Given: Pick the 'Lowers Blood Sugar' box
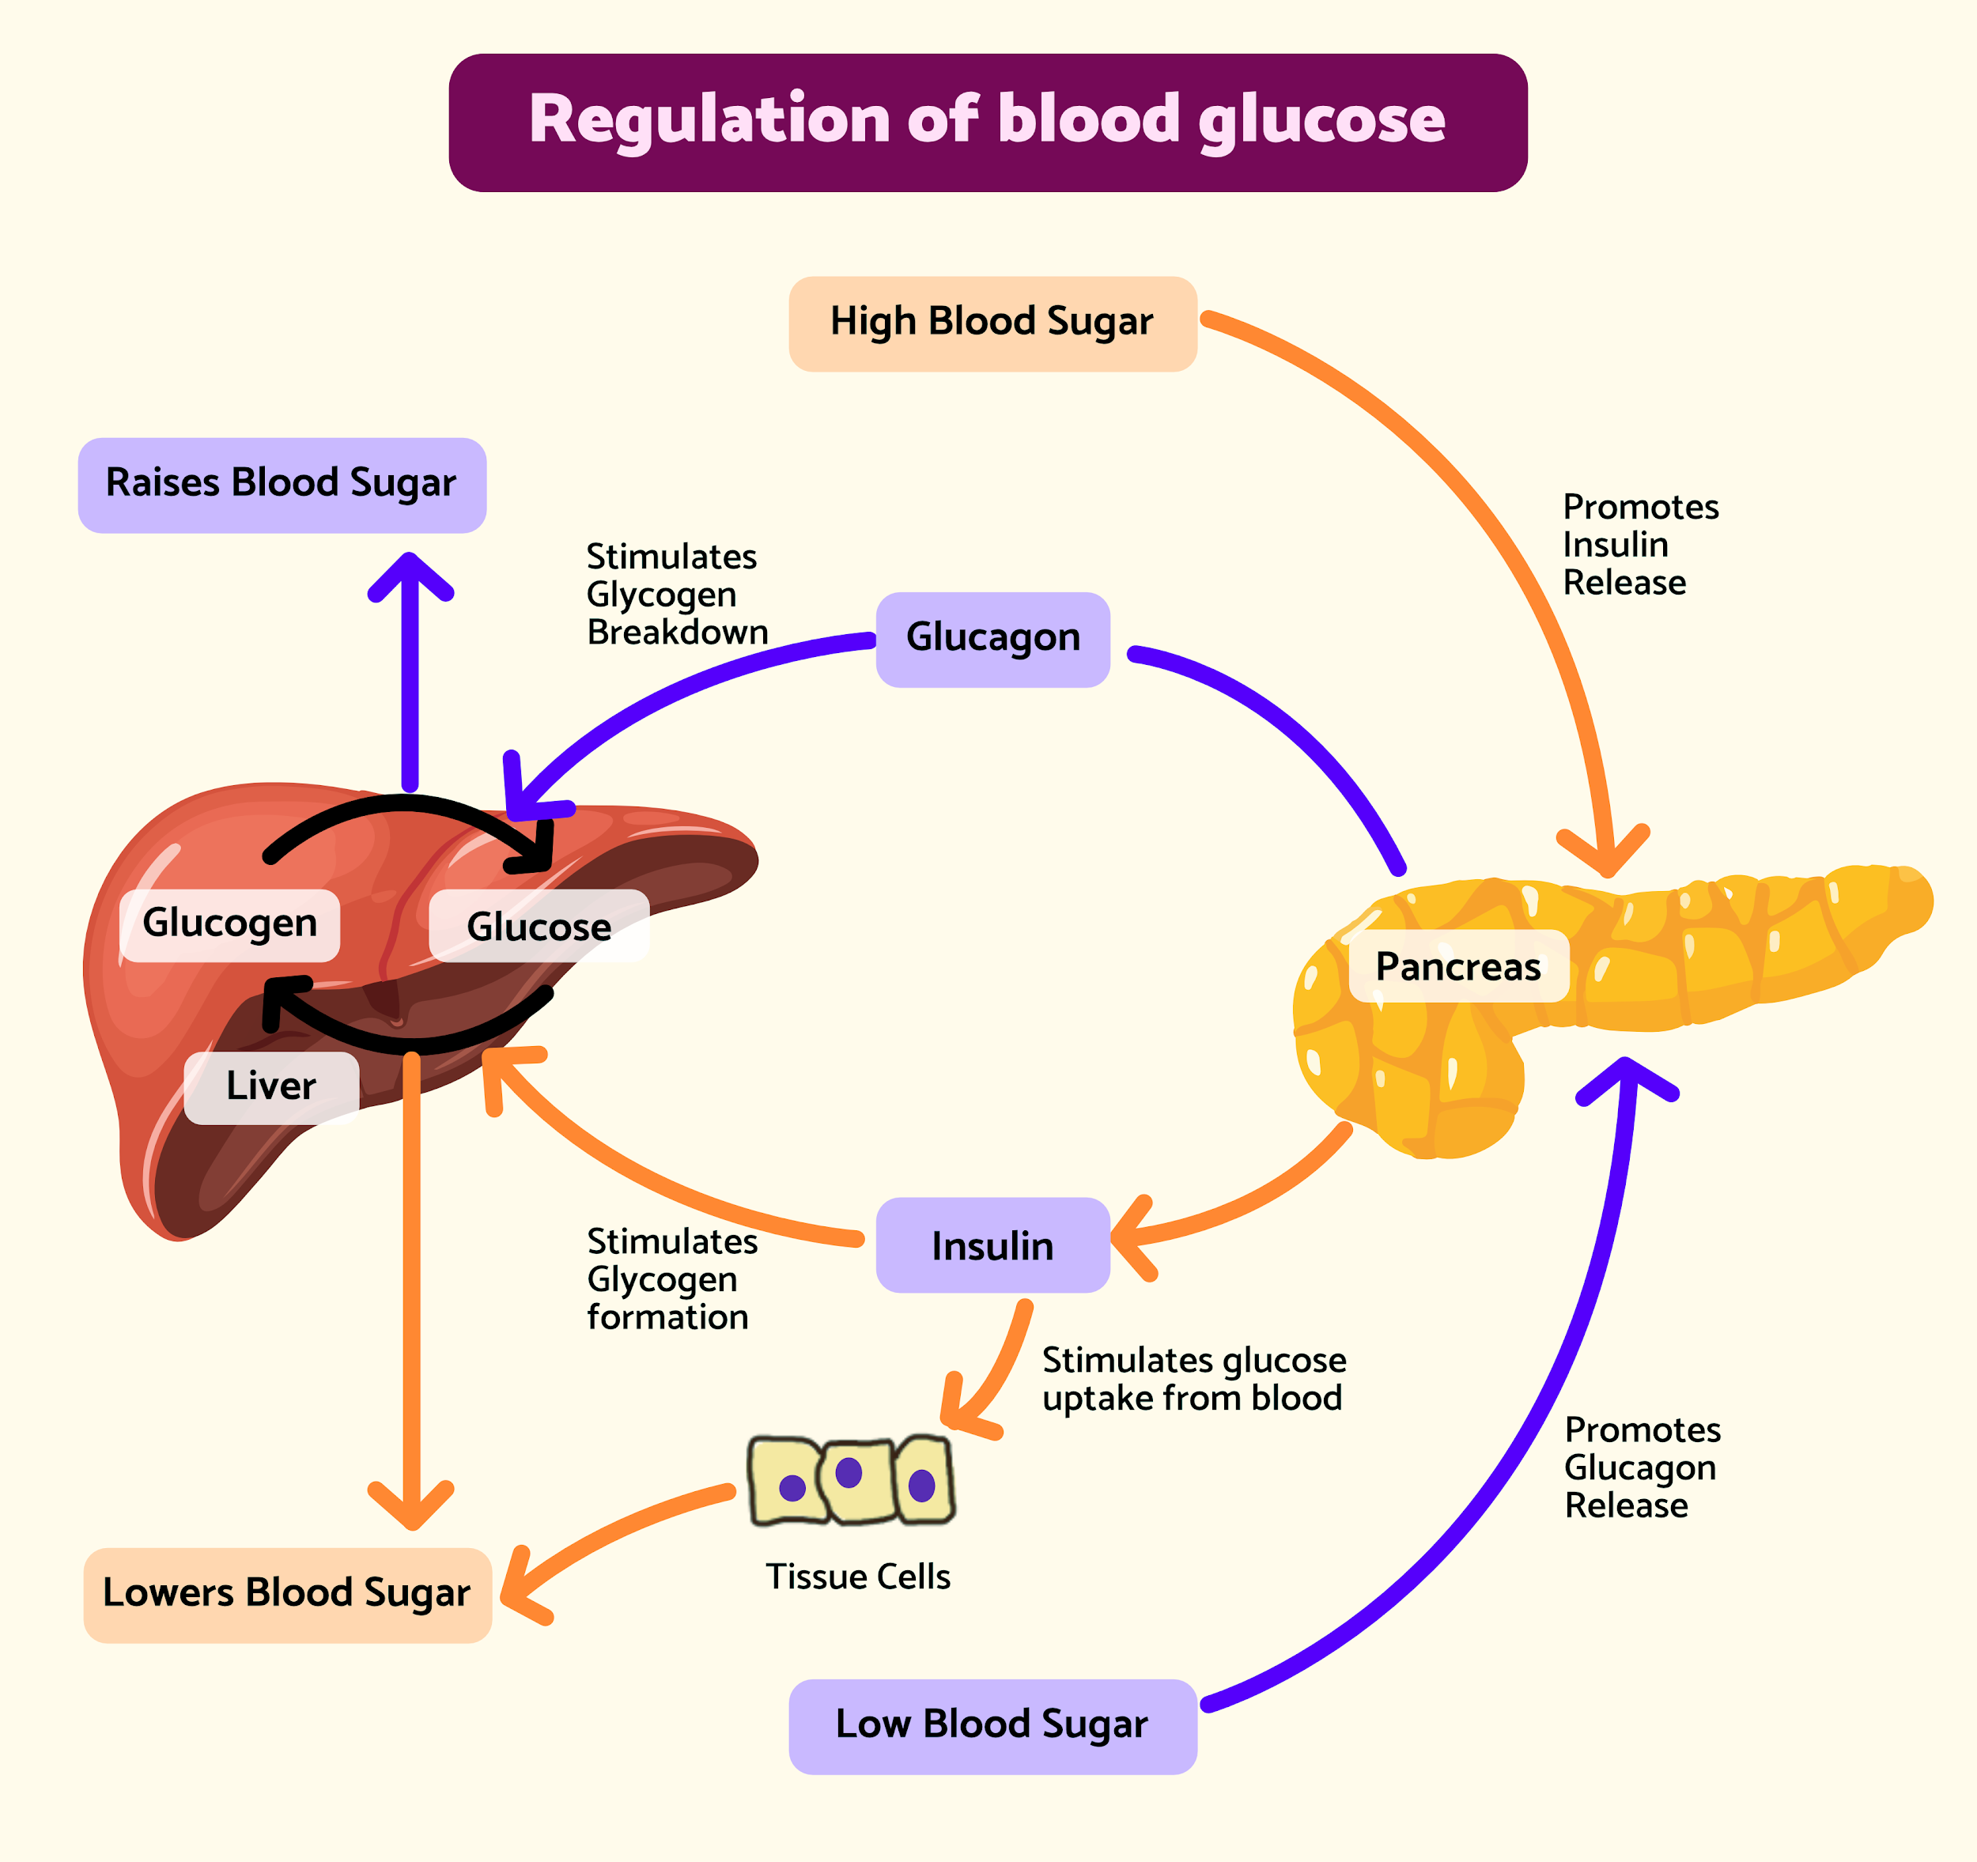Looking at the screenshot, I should [286, 1594].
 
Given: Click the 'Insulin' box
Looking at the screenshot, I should [992, 1245].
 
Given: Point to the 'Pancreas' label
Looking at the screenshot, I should [1458, 966].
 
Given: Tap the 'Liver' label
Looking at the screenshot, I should [270, 1086].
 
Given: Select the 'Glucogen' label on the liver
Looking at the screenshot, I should [229, 923].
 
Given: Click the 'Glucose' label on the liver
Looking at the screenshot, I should [539, 927].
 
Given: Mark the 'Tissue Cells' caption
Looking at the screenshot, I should [858, 1577].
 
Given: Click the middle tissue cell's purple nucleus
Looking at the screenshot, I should [849, 1471].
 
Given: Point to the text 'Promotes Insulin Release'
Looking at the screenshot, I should [1640, 545].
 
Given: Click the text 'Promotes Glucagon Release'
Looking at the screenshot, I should [1642, 1467].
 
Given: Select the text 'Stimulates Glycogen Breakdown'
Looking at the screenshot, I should [676, 595].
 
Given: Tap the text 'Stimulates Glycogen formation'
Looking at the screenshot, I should [671, 1279].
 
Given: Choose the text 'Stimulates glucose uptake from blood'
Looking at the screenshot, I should [1193, 1379].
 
